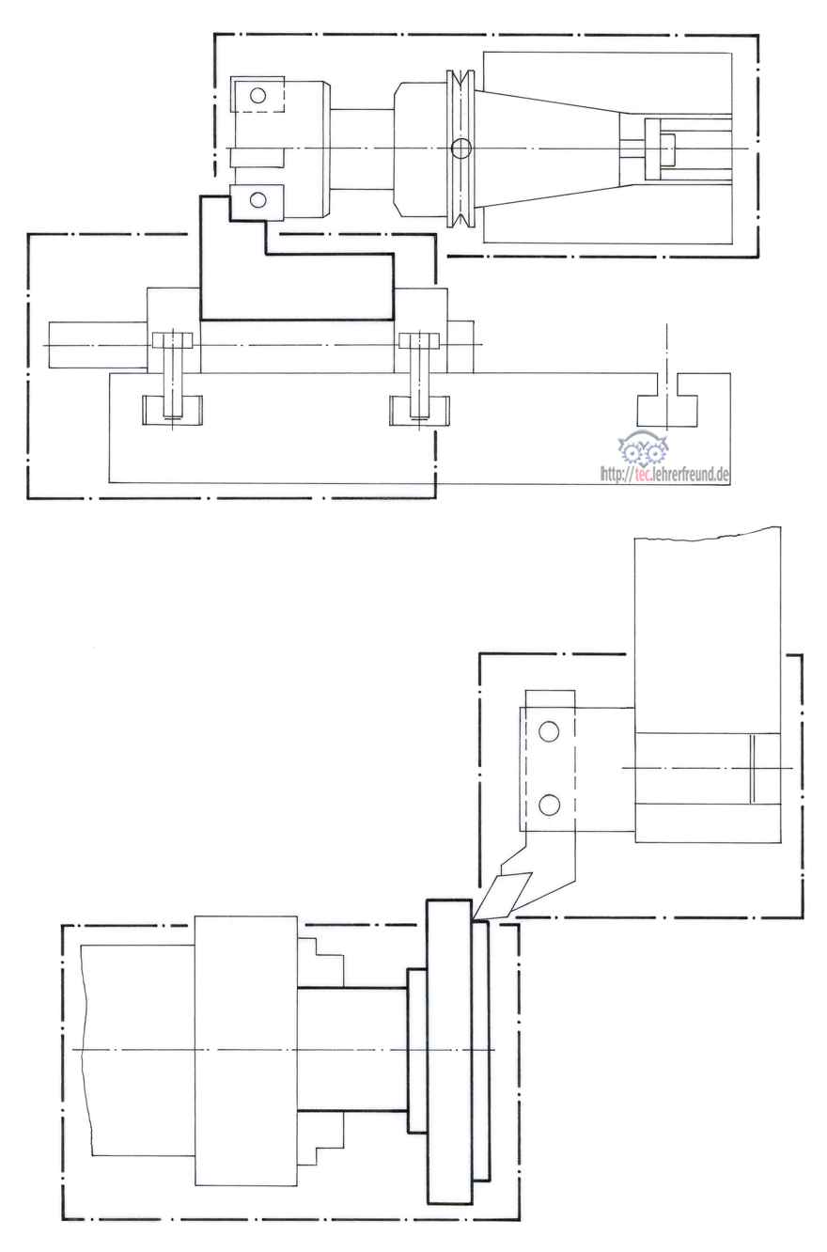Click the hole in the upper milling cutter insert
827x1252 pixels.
click(257, 96)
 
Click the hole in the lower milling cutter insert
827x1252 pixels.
click(258, 199)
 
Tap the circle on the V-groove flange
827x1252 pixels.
click(461, 149)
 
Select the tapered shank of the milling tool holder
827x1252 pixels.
click(548, 149)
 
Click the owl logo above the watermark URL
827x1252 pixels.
click(645, 450)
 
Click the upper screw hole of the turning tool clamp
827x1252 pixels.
click(549, 731)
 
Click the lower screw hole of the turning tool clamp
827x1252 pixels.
click(549, 805)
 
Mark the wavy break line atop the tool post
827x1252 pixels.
click(708, 533)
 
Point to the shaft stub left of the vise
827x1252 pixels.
click(98, 345)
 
